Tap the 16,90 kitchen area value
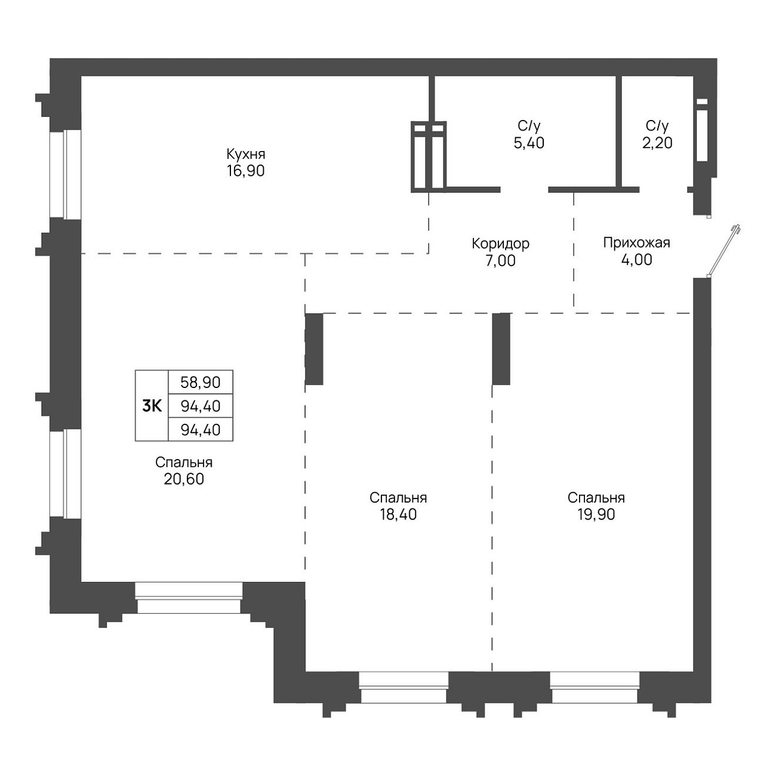246,171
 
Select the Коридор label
501,244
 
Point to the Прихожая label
637,243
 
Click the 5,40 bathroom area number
529,143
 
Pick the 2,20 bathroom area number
657,143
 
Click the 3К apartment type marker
152,407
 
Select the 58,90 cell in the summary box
201,382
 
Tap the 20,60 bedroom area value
184,479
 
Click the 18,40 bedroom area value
398,515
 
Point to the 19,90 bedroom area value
596,515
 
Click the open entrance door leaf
723,251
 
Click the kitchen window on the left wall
65,174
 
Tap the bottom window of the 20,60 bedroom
189,598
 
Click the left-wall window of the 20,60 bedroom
65,473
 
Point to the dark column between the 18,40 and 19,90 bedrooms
501,349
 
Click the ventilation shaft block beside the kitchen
429,156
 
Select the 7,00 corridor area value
501,260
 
